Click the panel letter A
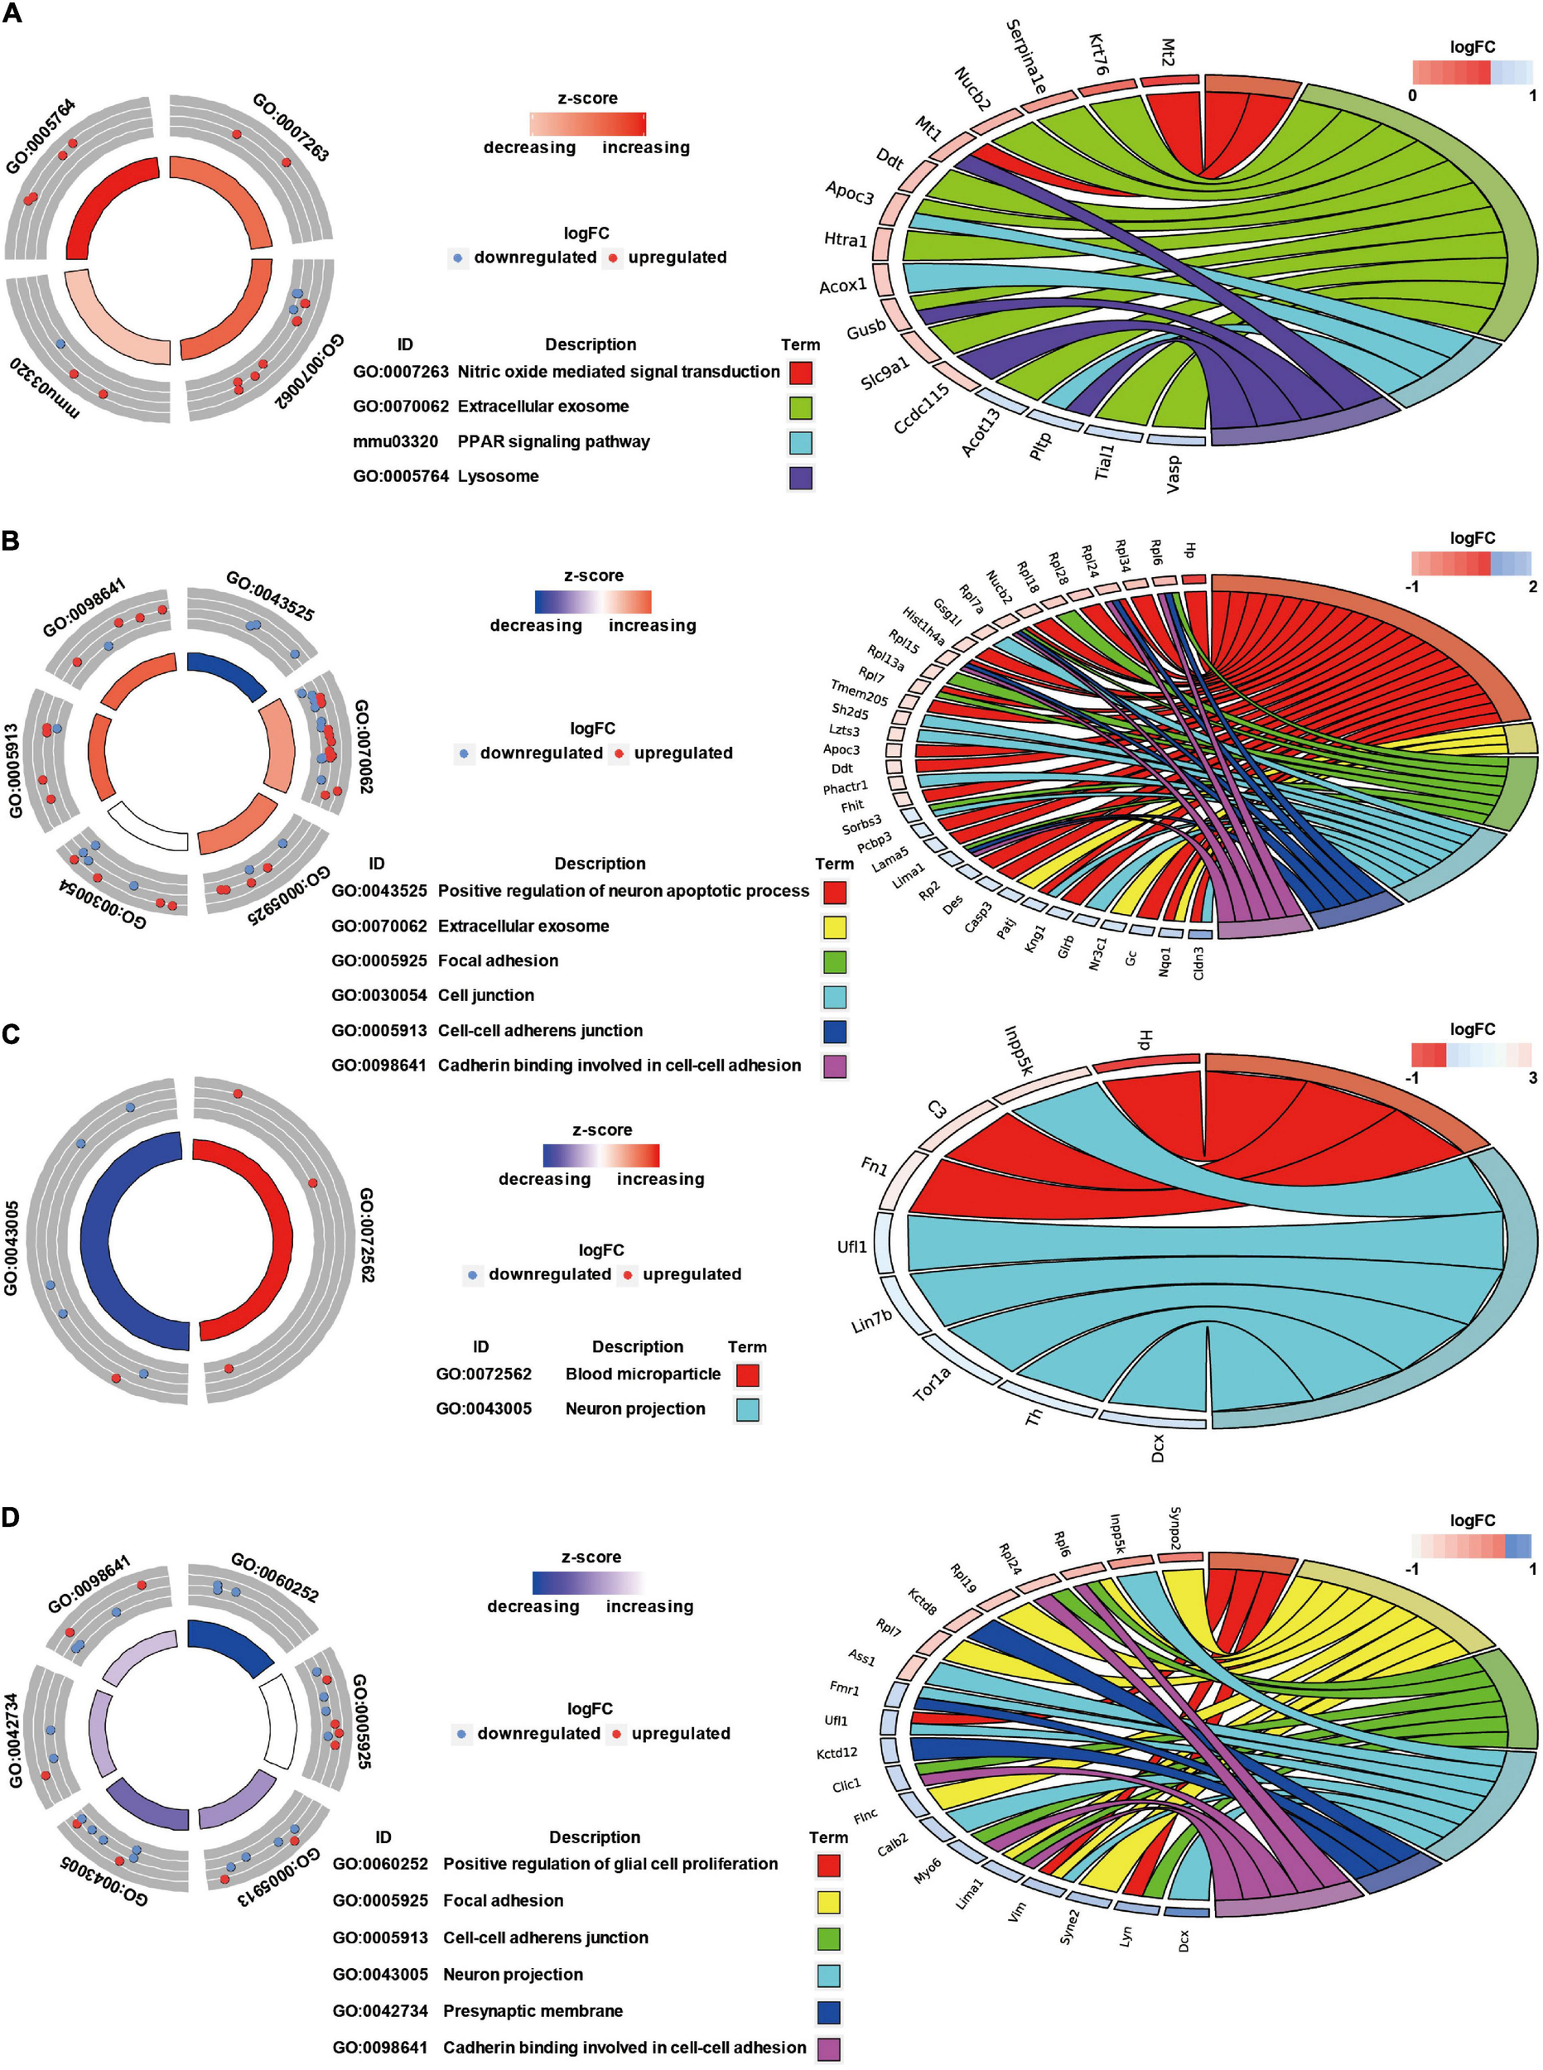12,14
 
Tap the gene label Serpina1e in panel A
1025,57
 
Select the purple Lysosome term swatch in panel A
800,477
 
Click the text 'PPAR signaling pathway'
553,441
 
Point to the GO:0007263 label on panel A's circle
291,127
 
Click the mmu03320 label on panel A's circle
45,387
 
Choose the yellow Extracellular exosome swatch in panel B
834,927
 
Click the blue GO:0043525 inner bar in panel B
228,674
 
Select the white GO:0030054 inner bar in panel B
147,826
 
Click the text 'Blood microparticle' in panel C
643,1374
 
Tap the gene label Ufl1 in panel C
851,1246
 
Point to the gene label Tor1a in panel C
931,1384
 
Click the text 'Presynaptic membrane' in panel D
533,2010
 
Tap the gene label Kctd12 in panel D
836,1753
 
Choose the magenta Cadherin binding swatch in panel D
827,2047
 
